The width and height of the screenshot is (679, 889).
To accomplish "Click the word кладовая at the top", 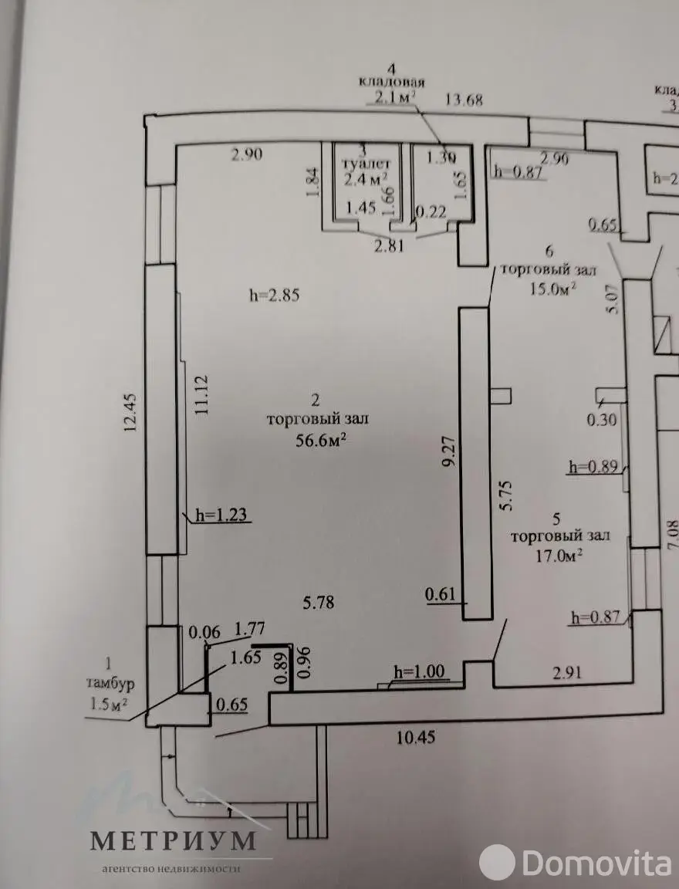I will pos(391,81).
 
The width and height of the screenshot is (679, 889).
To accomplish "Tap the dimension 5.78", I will pos(318,603).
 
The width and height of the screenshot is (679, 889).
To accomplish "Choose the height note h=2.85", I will pos(274,294).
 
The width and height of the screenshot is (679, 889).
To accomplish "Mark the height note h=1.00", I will pos(419,671).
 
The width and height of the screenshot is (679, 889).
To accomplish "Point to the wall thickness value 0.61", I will pos(441,595).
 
